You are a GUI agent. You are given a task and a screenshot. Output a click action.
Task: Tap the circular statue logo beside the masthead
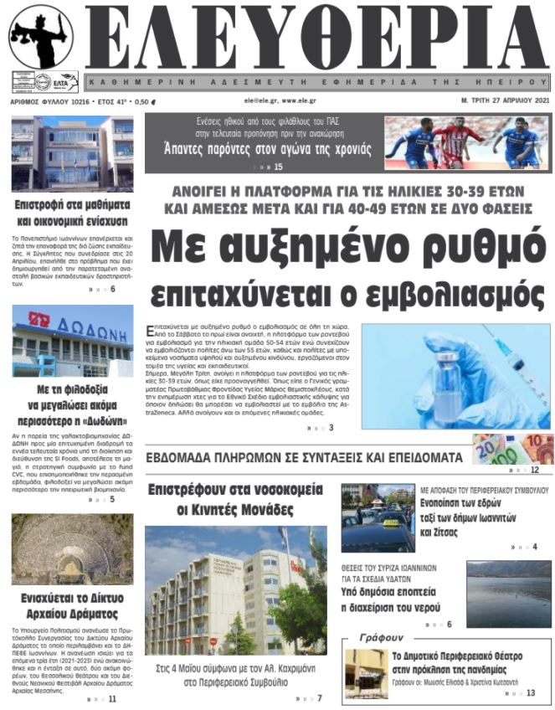[x=41, y=37]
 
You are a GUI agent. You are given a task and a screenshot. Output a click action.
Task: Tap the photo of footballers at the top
[x=465, y=143]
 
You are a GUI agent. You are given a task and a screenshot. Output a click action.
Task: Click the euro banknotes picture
[x=511, y=449]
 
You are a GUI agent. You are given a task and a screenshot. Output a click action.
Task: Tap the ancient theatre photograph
[x=72, y=548]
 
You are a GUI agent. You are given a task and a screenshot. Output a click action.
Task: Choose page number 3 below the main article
[x=331, y=428]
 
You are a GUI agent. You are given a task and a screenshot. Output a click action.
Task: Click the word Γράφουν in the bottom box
[x=380, y=638]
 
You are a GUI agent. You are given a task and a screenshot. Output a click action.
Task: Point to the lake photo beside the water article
[x=508, y=593]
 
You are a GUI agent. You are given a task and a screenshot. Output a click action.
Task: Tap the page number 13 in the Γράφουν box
[x=531, y=692]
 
